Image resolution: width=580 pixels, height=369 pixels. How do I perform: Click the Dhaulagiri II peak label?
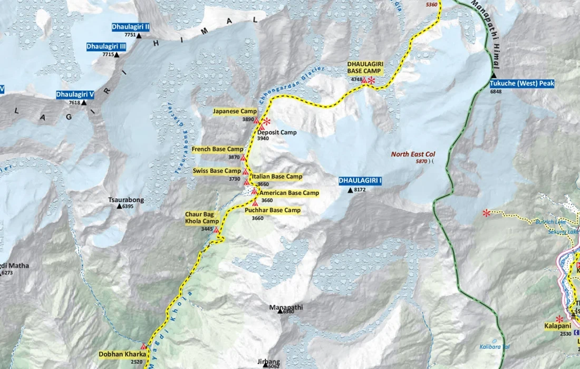131,26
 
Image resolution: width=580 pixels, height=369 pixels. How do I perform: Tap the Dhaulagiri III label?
107,47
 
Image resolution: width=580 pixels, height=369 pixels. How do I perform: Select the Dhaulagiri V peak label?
75,95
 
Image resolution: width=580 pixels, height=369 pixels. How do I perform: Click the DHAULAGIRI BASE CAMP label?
364,67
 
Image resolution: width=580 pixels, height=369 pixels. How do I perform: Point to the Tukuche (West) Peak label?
522,83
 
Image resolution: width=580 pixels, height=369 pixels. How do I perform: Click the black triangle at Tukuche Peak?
494,76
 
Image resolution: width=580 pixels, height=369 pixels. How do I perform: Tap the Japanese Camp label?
235,111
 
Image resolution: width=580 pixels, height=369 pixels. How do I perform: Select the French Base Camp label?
217,149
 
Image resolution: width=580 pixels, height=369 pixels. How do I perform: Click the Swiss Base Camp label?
217,171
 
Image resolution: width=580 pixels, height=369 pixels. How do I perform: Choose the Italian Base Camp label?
277,177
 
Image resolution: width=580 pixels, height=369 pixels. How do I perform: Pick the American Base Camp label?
289,193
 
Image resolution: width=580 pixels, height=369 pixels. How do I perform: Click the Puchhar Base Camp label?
273,210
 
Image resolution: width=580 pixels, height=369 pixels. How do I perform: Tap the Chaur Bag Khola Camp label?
199,218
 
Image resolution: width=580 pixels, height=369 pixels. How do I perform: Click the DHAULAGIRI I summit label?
360,181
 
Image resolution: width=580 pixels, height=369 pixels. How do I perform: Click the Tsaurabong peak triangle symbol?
120,207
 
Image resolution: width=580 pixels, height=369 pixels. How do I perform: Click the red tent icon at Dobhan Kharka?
143,345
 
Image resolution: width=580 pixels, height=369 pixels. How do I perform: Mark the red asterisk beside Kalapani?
559,319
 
